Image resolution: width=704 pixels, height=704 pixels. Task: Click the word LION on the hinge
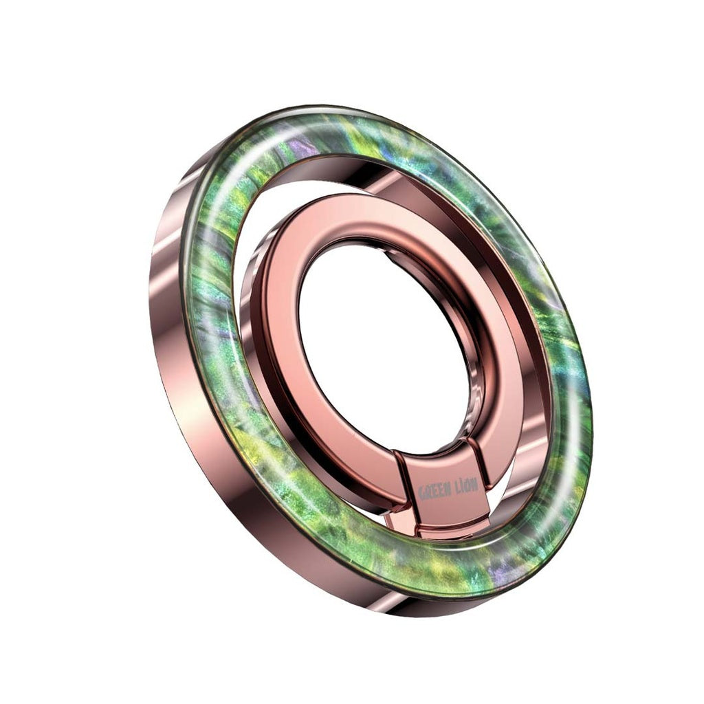465,487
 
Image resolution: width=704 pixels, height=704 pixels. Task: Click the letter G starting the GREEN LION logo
421,494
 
